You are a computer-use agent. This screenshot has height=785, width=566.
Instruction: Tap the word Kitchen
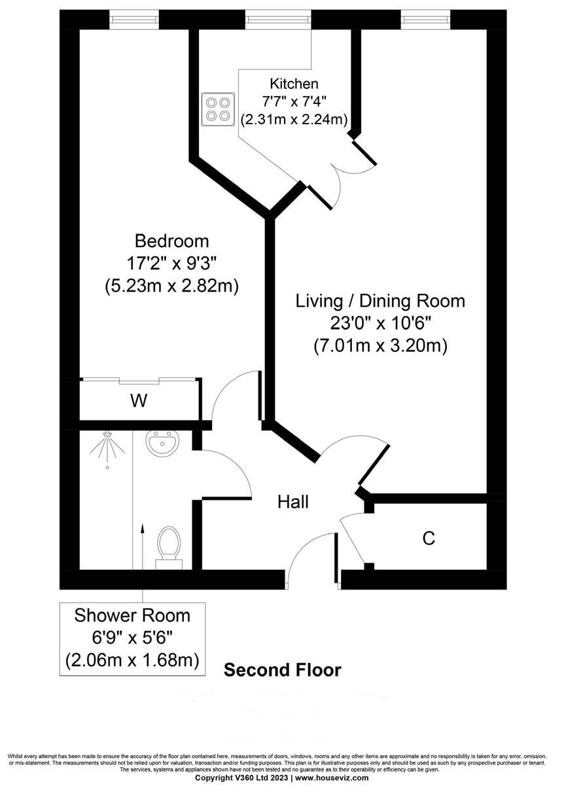(x=294, y=84)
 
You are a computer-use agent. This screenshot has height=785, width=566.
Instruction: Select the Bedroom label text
(x=171, y=241)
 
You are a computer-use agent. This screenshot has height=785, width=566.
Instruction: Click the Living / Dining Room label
(x=380, y=301)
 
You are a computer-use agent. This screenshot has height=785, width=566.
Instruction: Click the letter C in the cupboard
(x=429, y=538)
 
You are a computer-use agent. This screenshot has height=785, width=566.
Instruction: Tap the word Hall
(x=293, y=502)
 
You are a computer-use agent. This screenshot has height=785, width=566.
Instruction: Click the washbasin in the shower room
(x=160, y=445)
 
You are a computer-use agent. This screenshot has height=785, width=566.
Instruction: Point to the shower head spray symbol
(x=106, y=450)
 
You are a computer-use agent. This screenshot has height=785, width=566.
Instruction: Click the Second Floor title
(x=283, y=670)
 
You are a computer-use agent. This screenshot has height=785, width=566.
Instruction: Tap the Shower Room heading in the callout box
(x=132, y=616)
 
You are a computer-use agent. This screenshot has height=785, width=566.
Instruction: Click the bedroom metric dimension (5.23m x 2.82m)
(x=171, y=286)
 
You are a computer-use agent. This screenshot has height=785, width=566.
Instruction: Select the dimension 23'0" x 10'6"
(x=380, y=323)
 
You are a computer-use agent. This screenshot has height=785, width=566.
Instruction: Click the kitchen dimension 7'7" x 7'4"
(x=294, y=101)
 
